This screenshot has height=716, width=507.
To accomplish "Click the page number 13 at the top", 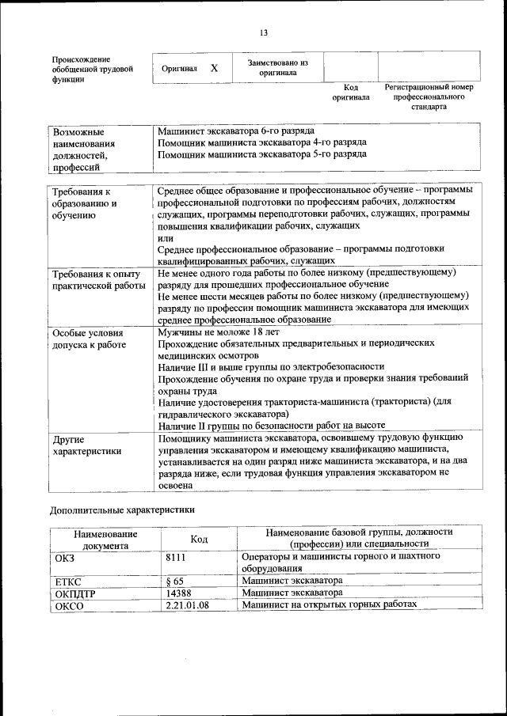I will (264, 32).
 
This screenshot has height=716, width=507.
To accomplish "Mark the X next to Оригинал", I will (214, 69).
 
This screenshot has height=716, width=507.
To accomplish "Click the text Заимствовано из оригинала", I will (277, 67).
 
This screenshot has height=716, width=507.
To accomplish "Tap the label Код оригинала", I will (351, 92).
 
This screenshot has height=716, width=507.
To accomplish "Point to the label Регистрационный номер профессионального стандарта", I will (428, 96).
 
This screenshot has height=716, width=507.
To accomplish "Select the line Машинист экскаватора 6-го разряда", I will (235, 130).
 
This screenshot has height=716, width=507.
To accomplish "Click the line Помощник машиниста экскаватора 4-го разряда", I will (261, 142).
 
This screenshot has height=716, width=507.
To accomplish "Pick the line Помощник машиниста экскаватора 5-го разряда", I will (261, 154).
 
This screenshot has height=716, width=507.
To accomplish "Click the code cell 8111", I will (176, 557).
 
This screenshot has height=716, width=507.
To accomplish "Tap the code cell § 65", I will (174, 582).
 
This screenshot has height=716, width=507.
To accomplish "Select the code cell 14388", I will (178, 593).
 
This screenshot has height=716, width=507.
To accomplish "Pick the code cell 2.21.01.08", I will (188, 605).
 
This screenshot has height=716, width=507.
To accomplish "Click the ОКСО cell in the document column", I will (70, 606).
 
